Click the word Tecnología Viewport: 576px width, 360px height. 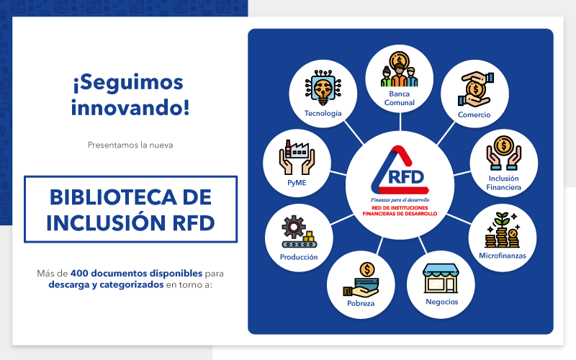coord(323,114)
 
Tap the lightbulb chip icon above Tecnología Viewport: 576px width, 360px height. coord(323,88)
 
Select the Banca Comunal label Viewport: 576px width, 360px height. coord(400,99)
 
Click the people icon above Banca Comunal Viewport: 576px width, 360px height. coord(400,69)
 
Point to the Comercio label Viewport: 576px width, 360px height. coord(474,114)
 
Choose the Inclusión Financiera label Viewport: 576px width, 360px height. coord(503,183)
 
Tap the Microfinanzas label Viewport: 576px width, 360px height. coord(503,256)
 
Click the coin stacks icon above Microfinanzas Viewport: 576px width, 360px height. coord(502,230)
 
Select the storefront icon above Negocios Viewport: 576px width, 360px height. coord(441,279)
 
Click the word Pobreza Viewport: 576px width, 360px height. coord(361,303)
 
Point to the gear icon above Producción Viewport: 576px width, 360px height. coord(294,227)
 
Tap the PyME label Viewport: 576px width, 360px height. coord(297,183)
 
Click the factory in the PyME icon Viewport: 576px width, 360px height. coord(297,149)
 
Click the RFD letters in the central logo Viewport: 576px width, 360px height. coord(406,177)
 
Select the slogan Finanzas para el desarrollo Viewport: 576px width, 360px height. coord(400,200)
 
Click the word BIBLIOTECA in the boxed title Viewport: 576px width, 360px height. coord(113,197)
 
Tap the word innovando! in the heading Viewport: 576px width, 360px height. coord(130,107)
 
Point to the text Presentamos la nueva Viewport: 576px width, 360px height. coord(130,145)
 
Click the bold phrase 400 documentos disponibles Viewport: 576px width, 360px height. coord(136,274)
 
